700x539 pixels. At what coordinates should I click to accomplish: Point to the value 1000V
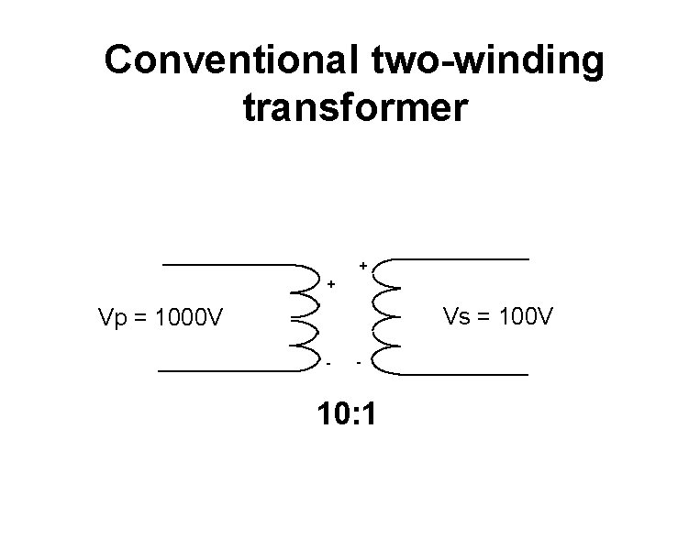(x=190, y=320)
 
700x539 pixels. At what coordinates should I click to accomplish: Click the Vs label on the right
(x=456, y=317)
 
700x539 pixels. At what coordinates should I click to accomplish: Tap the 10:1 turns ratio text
(x=346, y=415)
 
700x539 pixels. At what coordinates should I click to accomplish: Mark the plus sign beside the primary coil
(x=330, y=284)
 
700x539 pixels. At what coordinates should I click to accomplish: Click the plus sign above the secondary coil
(x=363, y=266)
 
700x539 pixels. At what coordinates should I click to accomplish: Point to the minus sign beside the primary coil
(x=328, y=363)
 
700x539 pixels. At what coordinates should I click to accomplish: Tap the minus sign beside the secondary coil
(x=360, y=364)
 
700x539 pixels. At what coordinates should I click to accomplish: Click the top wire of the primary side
(x=229, y=265)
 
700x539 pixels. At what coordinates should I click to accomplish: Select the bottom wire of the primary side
(x=229, y=370)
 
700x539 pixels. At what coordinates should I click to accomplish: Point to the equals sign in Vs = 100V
(x=485, y=318)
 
